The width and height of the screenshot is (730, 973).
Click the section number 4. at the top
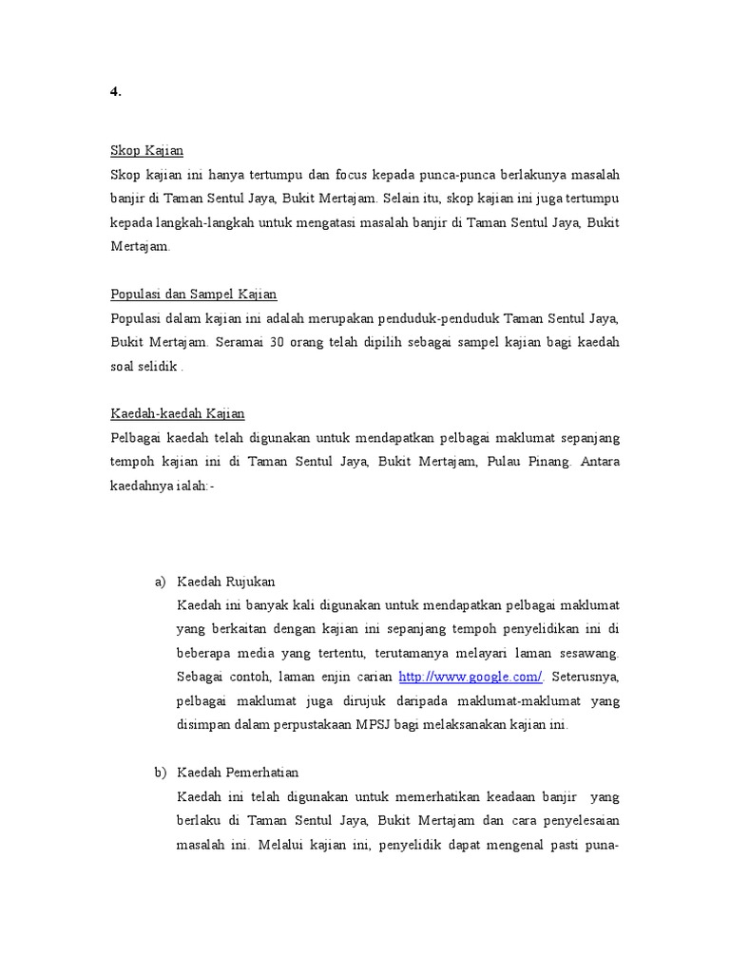(x=116, y=91)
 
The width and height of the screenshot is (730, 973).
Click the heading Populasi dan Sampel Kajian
(x=193, y=294)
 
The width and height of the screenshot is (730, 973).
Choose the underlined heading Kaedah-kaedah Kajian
(x=178, y=413)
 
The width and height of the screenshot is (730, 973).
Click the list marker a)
(x=160, y=582)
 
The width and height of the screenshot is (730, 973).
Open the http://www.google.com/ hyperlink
(x=471, y=677)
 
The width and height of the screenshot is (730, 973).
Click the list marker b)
(x=160, y=773)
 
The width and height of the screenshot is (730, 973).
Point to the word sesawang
(x=588, y=653)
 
